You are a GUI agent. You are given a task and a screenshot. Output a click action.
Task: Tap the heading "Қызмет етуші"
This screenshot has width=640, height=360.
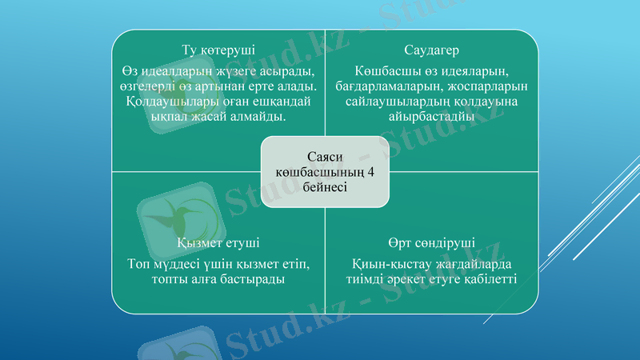(x=218, y=242)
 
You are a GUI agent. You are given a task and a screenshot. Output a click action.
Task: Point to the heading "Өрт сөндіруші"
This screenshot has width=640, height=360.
(x=430, y=242)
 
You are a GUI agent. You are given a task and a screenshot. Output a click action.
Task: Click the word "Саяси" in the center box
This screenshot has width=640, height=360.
(x=325, y=156)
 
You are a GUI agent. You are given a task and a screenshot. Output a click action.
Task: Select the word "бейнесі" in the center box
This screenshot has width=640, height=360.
(x=325, y=186)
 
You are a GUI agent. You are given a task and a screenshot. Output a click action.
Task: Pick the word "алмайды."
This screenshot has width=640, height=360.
(x=261, y=118)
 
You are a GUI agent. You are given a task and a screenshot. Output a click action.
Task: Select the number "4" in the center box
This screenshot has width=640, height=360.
(x=370, y=171)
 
